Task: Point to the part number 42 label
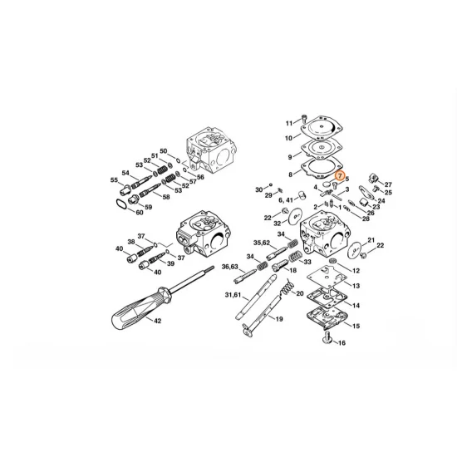point(157,320)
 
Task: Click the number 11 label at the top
point(290,123)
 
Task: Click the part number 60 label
point(140,212)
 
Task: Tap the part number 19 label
point(279,319)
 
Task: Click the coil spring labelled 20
point(287,289)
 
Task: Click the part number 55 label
point(114,179)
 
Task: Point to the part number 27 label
point(388,184)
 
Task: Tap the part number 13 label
point(356,285)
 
